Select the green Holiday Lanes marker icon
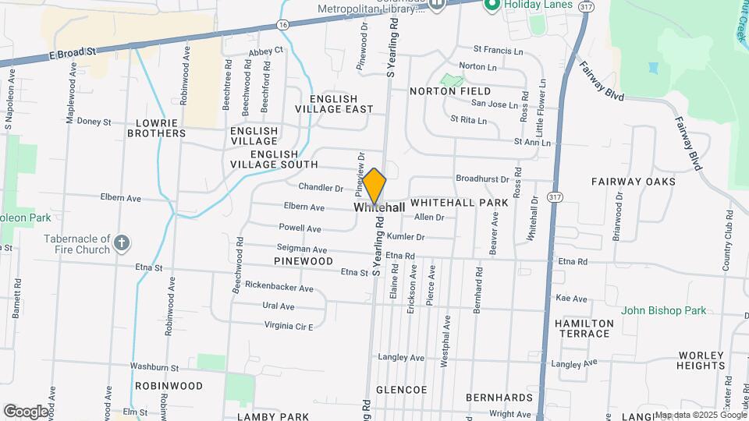[492, 5]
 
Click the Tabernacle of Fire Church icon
[121, 243]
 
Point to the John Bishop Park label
[663, 310]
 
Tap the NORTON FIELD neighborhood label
[450, 91]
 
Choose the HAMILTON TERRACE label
[583, 328]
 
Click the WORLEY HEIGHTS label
[701, 359]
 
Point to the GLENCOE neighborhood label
[401, 389]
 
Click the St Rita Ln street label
[468, 120]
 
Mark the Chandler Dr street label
[321, 188]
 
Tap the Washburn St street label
[154, 367]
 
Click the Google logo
[26, 411]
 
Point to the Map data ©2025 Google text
[700, 415]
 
